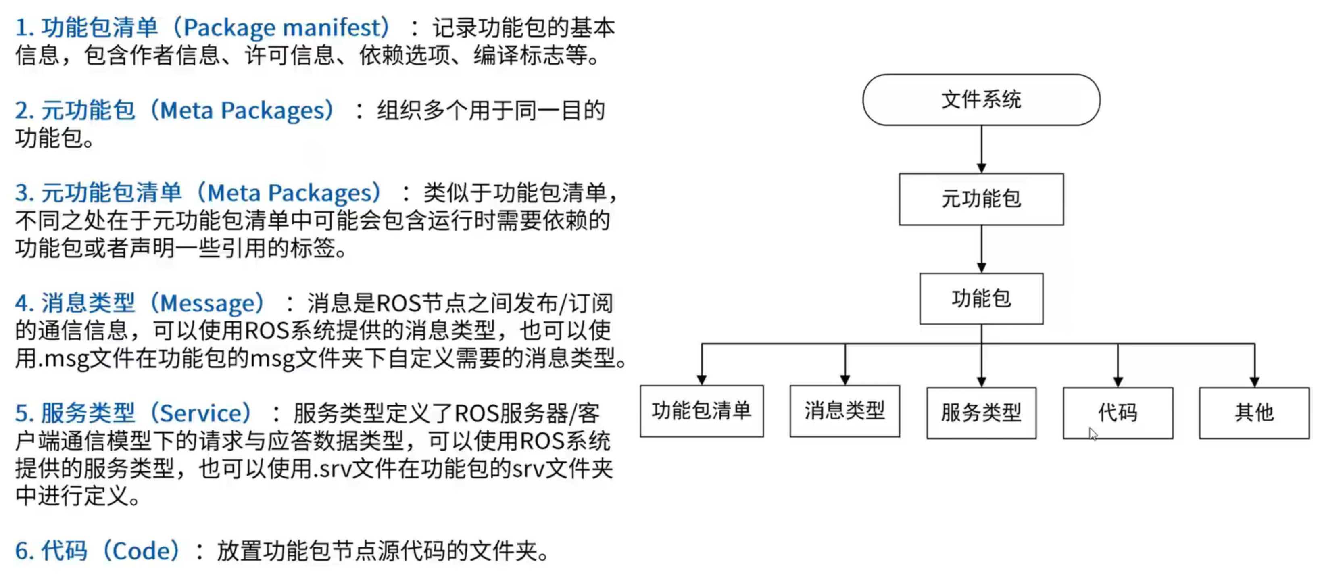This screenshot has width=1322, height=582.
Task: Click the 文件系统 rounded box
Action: tap(981, 100)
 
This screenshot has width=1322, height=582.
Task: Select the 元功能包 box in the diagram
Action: tap(981, 199)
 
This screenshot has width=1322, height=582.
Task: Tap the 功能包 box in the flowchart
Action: tap(981, 299)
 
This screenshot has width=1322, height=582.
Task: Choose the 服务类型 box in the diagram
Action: tap(981, 413)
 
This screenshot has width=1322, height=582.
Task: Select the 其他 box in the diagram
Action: tap(1254, 413)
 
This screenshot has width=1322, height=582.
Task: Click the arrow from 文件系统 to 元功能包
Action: tap(981, 149)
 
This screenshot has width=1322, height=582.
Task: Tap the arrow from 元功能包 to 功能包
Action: tap(981, 249)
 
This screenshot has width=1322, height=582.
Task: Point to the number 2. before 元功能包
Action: tap(24, 111)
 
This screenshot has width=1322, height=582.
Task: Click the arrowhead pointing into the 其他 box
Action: tap(1254, 382)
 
